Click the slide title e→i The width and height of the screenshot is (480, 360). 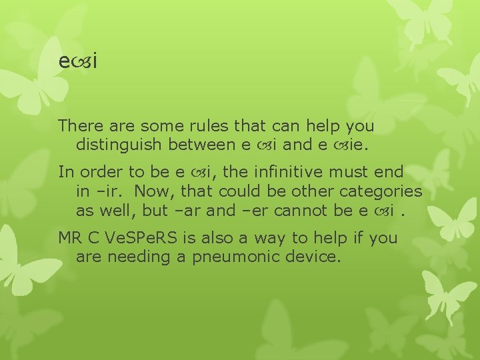click(78, 62)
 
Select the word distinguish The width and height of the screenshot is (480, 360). click(119, 143)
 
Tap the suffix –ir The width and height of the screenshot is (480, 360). click(108, 191)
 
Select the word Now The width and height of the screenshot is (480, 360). click(151, 191)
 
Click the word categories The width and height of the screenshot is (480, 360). click(381, 191)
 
